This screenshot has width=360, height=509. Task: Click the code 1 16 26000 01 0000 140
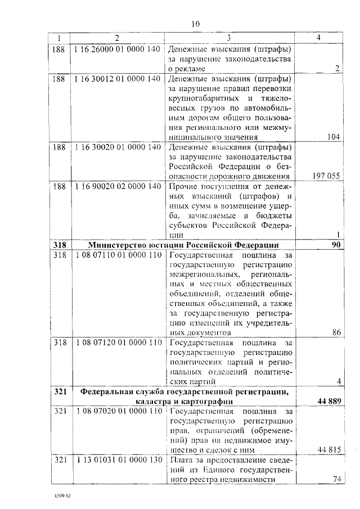(x=116, y=48)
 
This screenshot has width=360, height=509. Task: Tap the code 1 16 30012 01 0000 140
(x=116, y=79)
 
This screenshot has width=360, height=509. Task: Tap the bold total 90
(x=336, y=245)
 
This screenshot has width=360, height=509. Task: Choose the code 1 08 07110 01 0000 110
(x=116, y=255)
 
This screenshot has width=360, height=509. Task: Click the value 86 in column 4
(x=336, y=332)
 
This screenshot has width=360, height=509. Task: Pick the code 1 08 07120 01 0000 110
(x=116, y=343)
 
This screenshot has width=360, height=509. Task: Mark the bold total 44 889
(x=327, y=400)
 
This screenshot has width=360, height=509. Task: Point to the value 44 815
(x=328, y=449)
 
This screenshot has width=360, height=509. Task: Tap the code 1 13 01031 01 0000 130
(x=116, y=460)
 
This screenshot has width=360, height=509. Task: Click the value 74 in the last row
(x=336, y=479)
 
